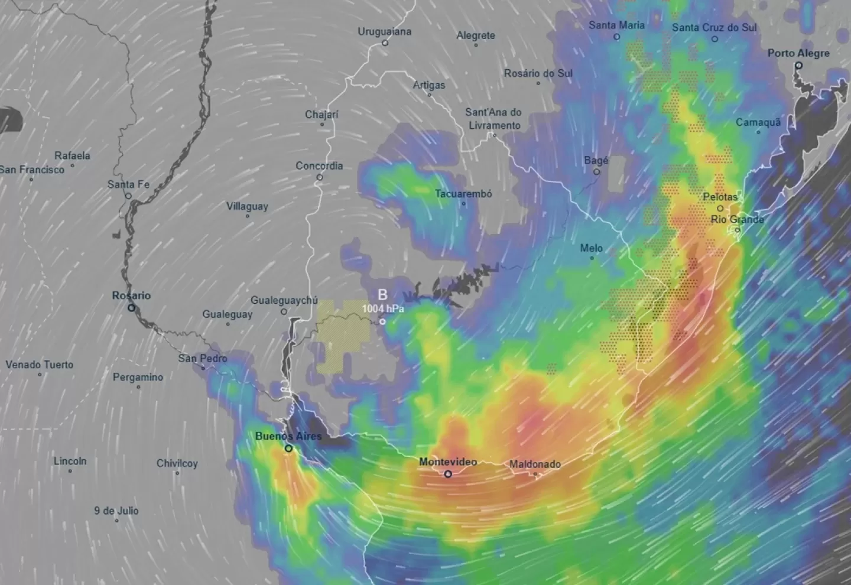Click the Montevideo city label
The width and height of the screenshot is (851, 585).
tap(447, 462)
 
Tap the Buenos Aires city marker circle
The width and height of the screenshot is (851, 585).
tap(289, 448)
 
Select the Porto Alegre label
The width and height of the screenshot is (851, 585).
tap(798, 53)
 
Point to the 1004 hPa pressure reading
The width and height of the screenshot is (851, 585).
tap(383, 308)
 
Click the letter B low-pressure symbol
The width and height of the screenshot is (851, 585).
tap(382, 295)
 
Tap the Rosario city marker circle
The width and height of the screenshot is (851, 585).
tap(131, 308)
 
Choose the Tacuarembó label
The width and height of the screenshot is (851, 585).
tap(463, 194)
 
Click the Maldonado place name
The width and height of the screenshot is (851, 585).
tap(535, 464)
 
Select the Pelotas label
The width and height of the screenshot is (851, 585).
tap(720, 197)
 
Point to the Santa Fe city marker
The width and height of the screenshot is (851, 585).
tap(128, 196)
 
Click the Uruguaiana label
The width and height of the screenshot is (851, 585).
tap(384, 32)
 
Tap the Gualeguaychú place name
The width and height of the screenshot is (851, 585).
tap(284, 300)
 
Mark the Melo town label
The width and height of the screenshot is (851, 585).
tap(591, 248)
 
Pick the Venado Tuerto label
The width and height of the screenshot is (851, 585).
tap(40, 365)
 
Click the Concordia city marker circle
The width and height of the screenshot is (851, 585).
tap(319, 177)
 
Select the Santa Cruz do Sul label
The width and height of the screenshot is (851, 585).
tap(714, 28)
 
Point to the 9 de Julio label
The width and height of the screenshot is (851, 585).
tap(116, 511)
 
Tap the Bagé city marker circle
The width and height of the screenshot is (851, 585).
tap(596, 172)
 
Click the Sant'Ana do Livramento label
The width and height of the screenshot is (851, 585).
tap(494, 119)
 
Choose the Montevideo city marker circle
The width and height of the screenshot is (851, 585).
tap(448, 474)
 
